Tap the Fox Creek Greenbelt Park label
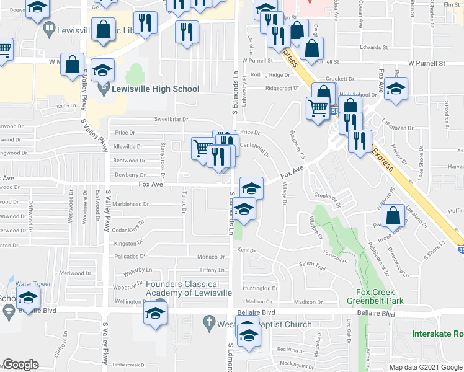click(x=380, y=297)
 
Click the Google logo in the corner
click(x=20, y=365)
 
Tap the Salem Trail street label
click(x=312, y=265)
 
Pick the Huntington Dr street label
click(x=261, y=288)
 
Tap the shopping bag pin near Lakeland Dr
click(x=395, y=216)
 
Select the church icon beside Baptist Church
click(x=209, y=322)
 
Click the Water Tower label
click(x=33, y=284)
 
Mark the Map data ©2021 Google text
click(x=425, y=367)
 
